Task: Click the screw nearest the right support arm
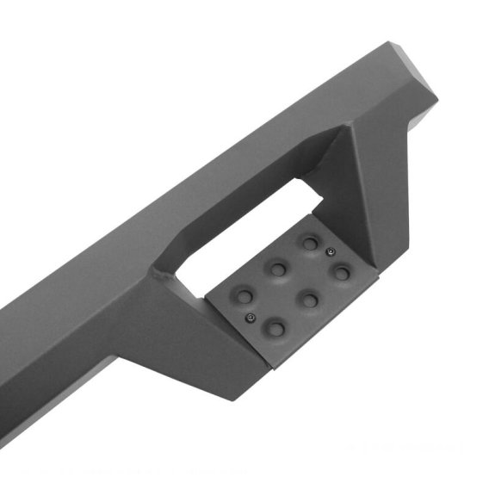coord(331,251)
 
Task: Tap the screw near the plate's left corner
coord(251,319)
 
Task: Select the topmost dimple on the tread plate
coord(308,244)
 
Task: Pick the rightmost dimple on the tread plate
coord(342,273)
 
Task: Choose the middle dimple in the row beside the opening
coord(277,269)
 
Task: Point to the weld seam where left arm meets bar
coord(159,276)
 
